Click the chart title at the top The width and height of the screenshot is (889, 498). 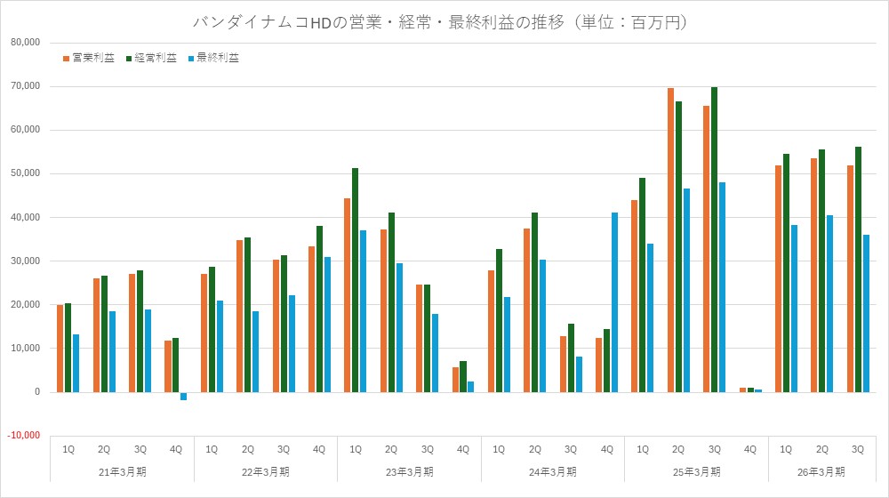point(440,22)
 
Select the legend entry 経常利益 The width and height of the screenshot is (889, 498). point(156,58)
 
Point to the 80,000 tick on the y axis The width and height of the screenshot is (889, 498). point(27,43)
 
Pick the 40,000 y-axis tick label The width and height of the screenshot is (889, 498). point(27,218)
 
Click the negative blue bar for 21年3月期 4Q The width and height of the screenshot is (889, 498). point(183,397)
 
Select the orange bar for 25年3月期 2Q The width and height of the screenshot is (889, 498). point(670,240)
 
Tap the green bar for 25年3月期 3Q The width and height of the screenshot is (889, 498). point(714,239)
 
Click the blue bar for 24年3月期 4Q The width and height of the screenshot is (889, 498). point(613,302)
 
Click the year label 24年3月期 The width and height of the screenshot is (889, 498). point(552,470)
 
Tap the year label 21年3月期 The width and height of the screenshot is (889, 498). point(122,470)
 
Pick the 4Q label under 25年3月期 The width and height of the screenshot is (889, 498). point(749,449)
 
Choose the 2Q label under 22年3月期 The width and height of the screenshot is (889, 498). point(247,449)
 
